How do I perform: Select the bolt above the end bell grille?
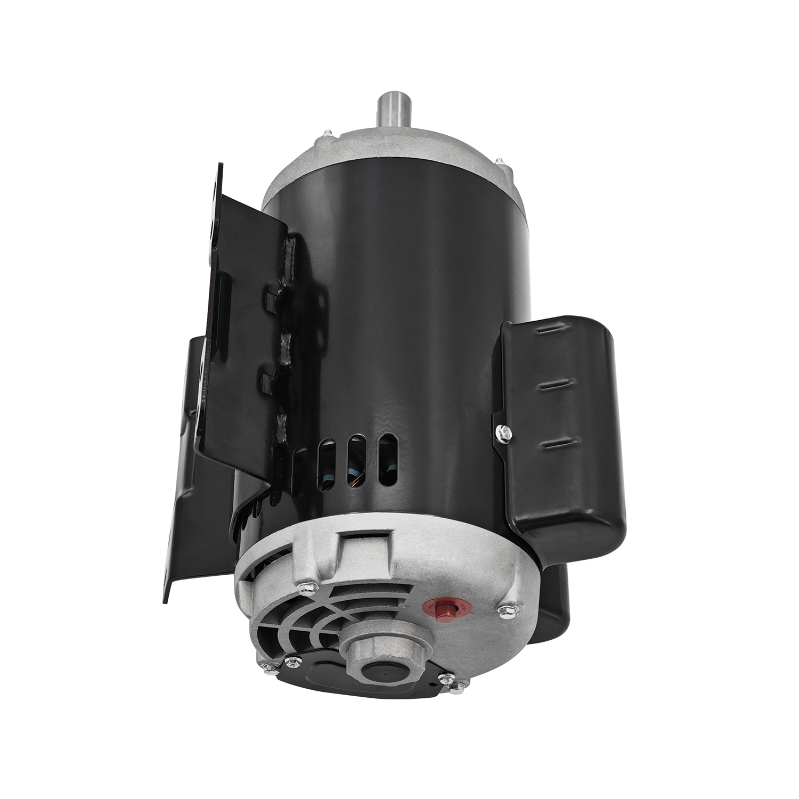[x=308, y=586]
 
